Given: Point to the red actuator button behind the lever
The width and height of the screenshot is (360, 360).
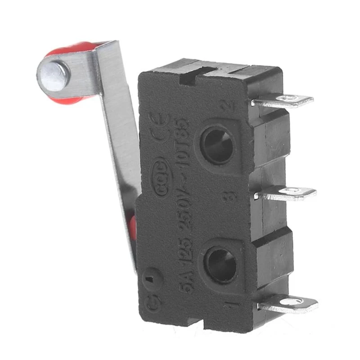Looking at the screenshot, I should (x=133, y=225).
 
